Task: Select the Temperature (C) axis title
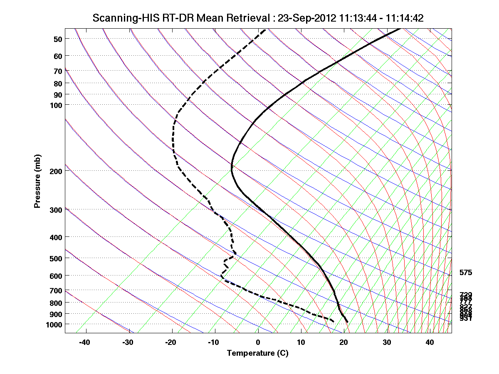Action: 257,353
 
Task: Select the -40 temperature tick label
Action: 85,342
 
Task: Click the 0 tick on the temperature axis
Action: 258,342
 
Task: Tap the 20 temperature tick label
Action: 344,342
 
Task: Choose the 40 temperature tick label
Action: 430,342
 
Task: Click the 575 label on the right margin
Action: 466,273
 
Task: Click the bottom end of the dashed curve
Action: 333,321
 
